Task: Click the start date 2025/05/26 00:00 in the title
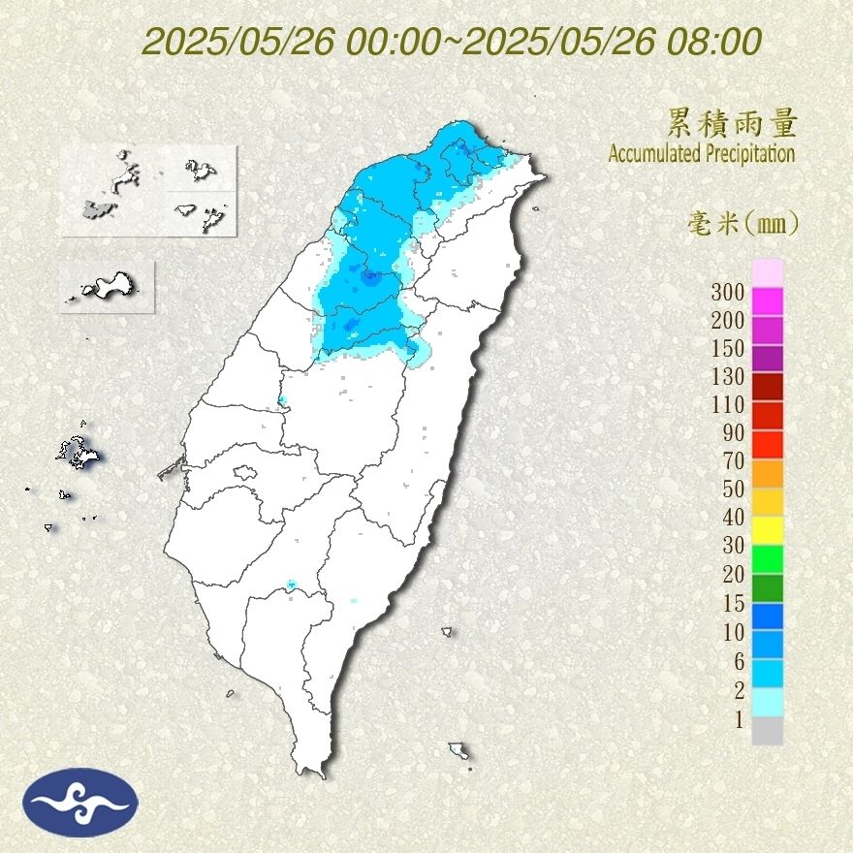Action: (290, 42)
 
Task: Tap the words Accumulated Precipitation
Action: (701, 153)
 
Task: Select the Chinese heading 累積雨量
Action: (732, 123)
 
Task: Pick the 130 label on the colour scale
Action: (727, 376)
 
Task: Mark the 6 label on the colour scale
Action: (738, 662)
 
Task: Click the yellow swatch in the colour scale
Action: (767, 529)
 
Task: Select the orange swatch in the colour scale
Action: (767, 472)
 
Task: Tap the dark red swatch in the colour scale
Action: (767, 387)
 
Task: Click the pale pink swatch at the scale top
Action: (767, 273)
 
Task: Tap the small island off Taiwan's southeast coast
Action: (459, 750)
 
